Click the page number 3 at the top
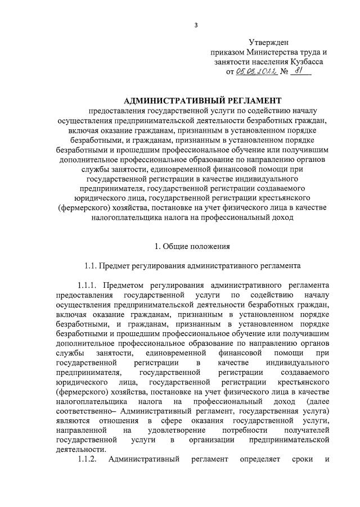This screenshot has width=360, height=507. pyautogui.click(x=196, y=25)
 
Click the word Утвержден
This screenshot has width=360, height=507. pyautogui.click(x=268, y=42)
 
